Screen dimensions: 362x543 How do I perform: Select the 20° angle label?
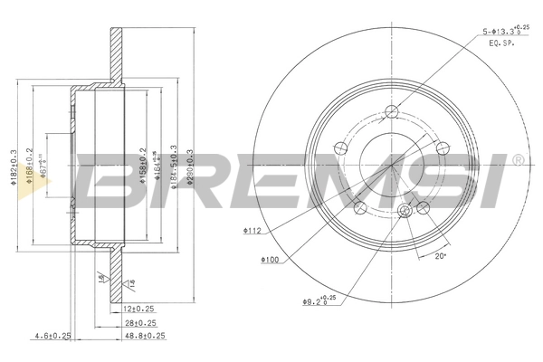441,256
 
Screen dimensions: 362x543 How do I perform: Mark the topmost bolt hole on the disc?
391,112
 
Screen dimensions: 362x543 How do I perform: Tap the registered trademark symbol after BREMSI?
517,159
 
